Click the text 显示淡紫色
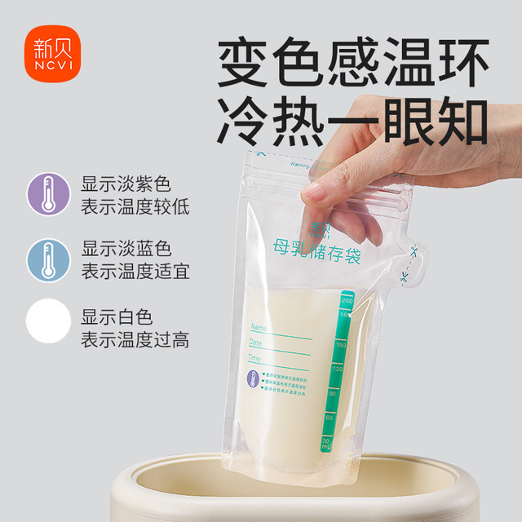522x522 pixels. point(126,184)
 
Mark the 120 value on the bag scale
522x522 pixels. point(337,369)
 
